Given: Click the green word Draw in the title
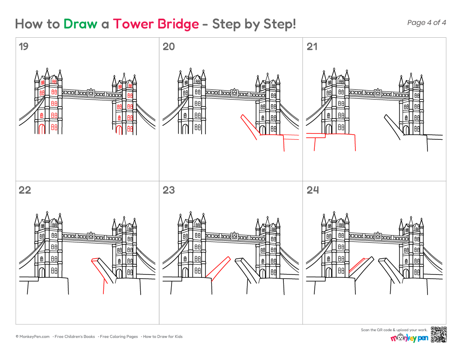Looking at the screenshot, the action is pyautogui.click(x=80, y=24).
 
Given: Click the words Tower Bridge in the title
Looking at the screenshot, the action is pyautogui.click(x=156, y=24).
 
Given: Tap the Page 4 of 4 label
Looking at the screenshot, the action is pyautogui.click(x=427, y=22).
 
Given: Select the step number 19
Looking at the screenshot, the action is pyautogui.click(x=23, y=47).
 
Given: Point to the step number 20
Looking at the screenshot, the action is pyautogui.click(x=169, y=47).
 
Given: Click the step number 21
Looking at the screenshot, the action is pyautogui.click(x=312, y=47).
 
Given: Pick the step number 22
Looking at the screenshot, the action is pyautogui.click(x=25, y=190).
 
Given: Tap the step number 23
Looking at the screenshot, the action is pyautogui.click(x=169, y=190).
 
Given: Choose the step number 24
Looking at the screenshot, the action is pyautogui.click(x=313, y=190).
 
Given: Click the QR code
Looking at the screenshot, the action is pyautogui.click(x=438, y=335).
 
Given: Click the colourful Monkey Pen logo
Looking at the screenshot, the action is pyautogui.click(x=409, y=338).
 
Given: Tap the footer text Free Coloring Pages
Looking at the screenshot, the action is pyautogui.click(x=119, y=337).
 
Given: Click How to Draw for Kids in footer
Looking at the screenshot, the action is pyautogui.click(x=163, y=337).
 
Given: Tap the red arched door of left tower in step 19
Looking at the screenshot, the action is pyautogui.click(x=42, y=129).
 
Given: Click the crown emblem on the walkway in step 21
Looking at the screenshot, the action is pyautogui.click(x=378, y=93).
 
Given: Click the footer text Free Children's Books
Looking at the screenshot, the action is pyautogui.click(x=75, y=337).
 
